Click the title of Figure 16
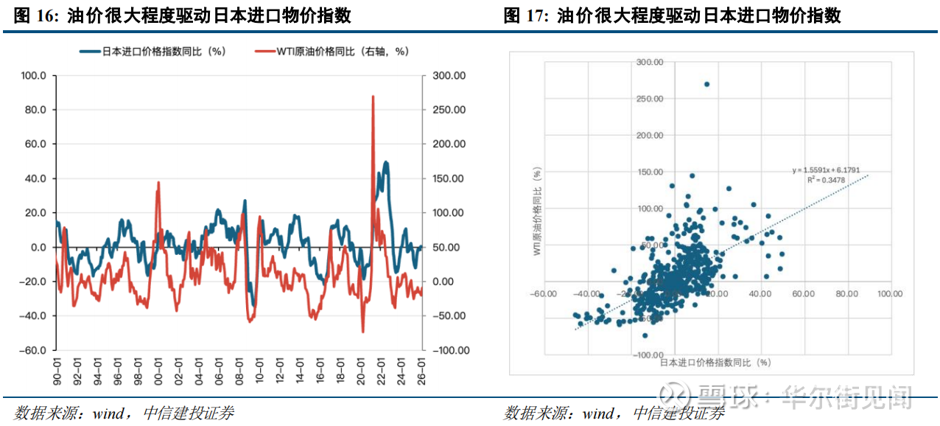click(183, 15)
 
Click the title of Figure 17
click(672, 15)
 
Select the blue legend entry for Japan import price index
click(152, 52)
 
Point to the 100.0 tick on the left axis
click(34, 76)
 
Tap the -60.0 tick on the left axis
click(33, 351)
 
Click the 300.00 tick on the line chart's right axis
click(448, 76)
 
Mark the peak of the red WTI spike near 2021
click(373, 96)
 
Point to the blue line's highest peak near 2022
click(386, 162)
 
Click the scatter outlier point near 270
click(706, 84)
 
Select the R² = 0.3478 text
click(821, 180)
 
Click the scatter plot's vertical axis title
click(538, 212)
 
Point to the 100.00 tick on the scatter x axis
click(889, 293)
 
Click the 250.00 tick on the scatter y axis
click(649, 99)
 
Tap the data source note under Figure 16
click(123, 413)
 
